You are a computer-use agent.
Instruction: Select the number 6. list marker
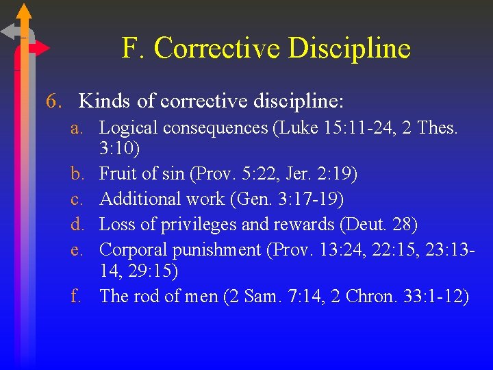click(x=54, y=101)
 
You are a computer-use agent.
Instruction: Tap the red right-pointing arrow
click(x=41, y=49)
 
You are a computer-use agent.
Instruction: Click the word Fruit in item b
click(x=116, y=175)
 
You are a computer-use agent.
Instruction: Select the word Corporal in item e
click(x=132, y=249)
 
